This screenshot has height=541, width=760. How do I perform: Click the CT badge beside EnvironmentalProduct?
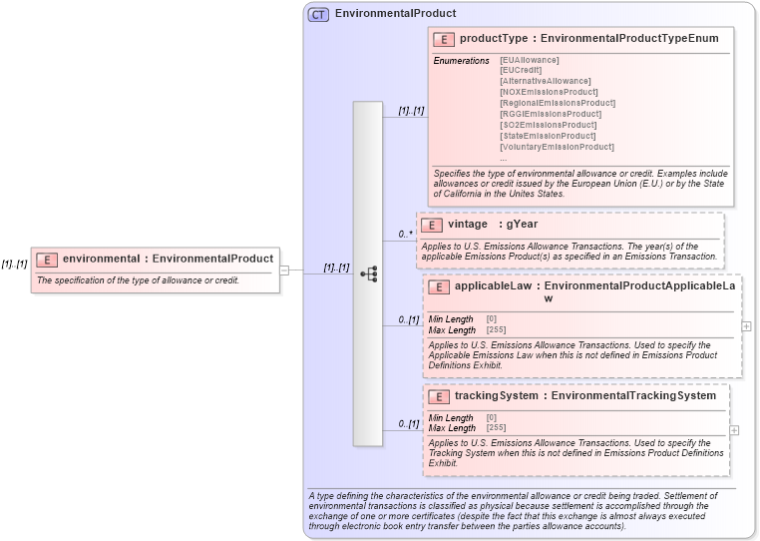click(319, 14)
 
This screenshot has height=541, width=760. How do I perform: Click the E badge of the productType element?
click(444, 39)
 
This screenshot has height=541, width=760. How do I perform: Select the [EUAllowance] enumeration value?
click(530, 60)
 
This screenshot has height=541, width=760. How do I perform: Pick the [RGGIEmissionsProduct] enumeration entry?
click(551, 114)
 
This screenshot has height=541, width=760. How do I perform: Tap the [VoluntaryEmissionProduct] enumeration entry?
click(557, 147)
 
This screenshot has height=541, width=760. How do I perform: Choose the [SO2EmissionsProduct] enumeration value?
click(548, 125)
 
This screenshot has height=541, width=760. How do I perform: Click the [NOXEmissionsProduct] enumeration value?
click(550, 92)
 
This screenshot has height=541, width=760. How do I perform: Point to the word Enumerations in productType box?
click(461, 61)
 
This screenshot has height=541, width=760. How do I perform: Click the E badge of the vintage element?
click(432, 225)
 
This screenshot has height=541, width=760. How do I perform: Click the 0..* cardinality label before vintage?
click(406, 235)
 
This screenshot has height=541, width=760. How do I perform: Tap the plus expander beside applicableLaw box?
click(746, 325)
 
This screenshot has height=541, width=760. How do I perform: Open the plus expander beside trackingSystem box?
click(735, 430)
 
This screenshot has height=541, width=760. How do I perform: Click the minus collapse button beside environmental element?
click(284, 270)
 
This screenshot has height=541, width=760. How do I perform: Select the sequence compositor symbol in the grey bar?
click(367, 272)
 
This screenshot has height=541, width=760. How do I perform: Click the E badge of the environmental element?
click(46, 260)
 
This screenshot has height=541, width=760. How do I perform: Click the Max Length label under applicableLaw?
click(452, 329)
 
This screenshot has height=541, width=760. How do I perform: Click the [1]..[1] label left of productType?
click(411, 111)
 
